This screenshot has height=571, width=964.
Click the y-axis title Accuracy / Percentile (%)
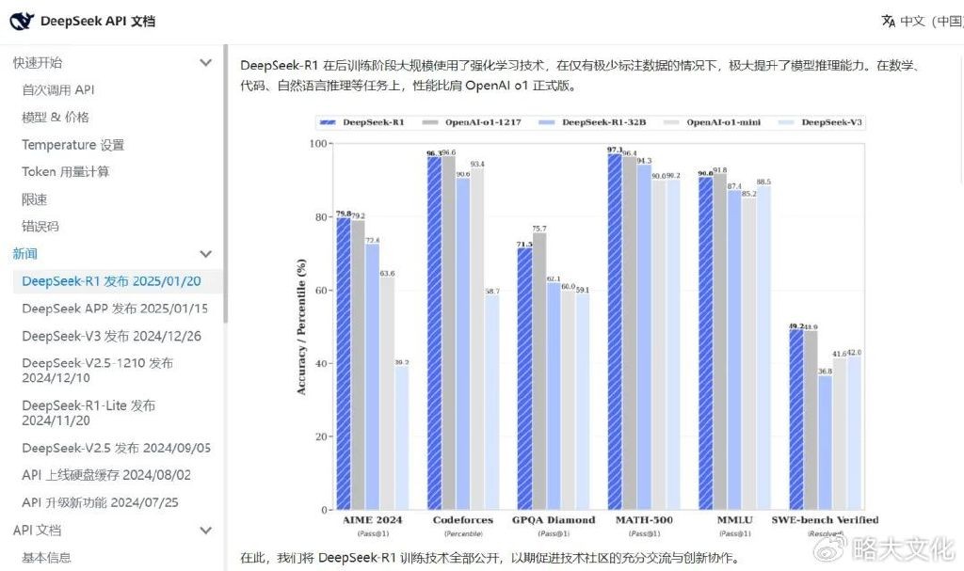[301, 327]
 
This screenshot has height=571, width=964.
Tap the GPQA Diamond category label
[554, 520]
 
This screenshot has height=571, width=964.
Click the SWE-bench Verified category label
[825, 520]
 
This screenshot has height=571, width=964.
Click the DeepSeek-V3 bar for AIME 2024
[402, 437]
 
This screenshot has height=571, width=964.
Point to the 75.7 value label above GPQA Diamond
[538, 229]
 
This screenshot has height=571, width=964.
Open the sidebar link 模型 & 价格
[56, 118]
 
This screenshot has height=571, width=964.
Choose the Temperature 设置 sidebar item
[73, 145]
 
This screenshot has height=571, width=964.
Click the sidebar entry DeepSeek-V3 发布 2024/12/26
[112, 336]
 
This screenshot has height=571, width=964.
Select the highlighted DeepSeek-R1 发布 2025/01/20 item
[111, 281]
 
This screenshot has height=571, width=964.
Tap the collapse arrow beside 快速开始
[206, 63]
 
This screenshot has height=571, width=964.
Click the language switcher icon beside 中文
[888, 21]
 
